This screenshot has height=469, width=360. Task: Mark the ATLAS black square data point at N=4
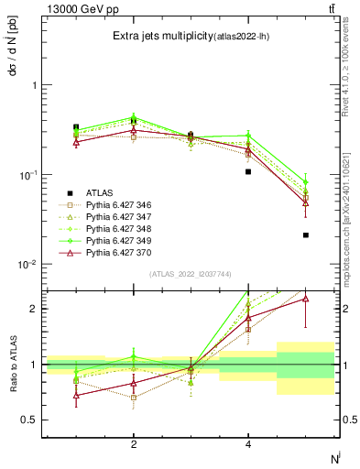(248, 171)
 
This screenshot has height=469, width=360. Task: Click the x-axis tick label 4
(248, 444)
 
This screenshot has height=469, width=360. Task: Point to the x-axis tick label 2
(134, 444)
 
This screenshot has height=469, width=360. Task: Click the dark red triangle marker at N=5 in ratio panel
(306, 299)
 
